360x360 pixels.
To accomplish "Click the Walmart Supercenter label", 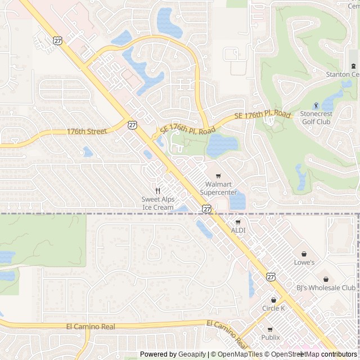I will click(219, 188).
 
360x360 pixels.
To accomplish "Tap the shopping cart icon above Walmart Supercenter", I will click(219, 175).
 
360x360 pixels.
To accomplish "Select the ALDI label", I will click(238, 231).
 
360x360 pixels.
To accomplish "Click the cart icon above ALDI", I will click(237, 222).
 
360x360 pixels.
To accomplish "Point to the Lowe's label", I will click(304, 262).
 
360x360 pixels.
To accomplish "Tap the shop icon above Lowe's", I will click(304, 254).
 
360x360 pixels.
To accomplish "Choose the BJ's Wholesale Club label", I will click(318, 288).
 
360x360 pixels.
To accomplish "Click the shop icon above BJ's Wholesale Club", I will click(325, 279).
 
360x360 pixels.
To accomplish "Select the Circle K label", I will click(273, 308).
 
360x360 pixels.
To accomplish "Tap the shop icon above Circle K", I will click(273, 300).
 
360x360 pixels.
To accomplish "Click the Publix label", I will click(270, 337).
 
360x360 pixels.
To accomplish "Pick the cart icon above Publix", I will click(270, 329).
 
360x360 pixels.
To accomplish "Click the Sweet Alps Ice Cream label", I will click(157, 203).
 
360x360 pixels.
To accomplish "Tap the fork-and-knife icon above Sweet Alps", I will click(158, 190).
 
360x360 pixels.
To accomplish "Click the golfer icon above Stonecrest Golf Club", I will click(316, 105).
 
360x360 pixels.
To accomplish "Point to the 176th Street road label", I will click(87, 131).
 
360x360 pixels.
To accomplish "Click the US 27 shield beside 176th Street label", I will click(132, 125).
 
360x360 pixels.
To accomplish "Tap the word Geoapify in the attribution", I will click(192, 354).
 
